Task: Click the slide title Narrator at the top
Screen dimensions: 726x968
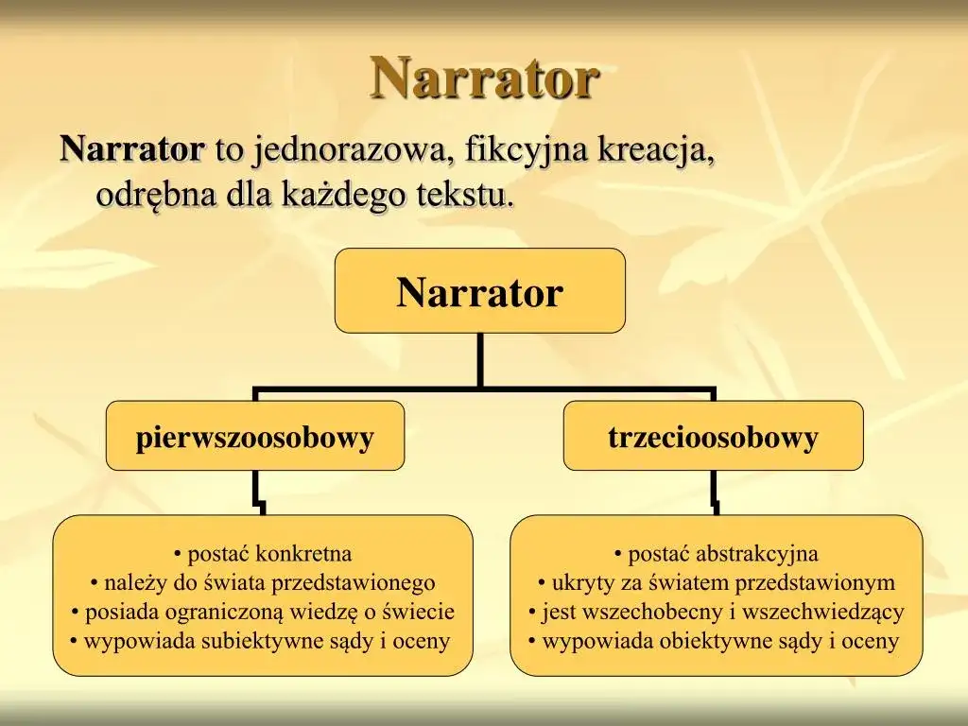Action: tap(484, 78)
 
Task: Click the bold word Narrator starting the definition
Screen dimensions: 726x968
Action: tap(131, 149)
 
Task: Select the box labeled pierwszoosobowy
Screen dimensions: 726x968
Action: tap(255, 437)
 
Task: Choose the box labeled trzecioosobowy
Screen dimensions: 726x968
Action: tap(713, 437)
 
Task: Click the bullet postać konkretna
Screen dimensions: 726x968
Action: tap(263, 554)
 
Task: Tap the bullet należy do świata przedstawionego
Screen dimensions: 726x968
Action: tap(263, 582)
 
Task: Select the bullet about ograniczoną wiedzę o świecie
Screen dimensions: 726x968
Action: tap(263, 612)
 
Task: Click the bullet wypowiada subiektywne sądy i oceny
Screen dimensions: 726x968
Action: tap(261, 641)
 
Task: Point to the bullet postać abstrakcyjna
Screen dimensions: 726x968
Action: tap(716, 554)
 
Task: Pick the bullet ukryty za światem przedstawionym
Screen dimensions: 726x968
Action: tap(716, 582)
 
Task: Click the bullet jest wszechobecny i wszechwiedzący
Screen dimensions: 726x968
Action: tap(716, 612)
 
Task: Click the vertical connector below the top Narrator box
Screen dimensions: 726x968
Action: tap(480, 359)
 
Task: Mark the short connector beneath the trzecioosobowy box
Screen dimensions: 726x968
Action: tap(715, 493)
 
